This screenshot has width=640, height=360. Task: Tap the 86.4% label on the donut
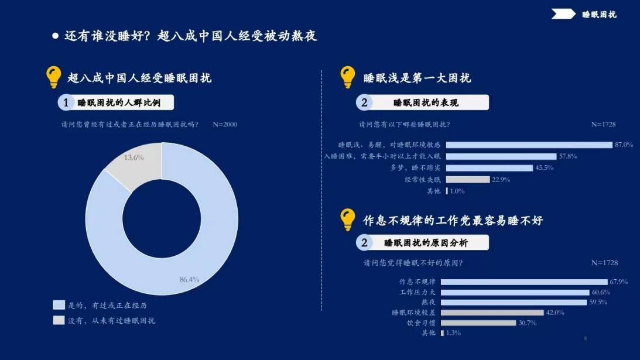click(x=189, y=280)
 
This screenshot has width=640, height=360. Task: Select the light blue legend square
click(x=59, y=305)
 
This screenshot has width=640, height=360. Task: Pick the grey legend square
click(x=59, y=320)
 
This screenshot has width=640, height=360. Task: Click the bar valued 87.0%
click(x=529, y=145)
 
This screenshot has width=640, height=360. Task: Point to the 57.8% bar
click(x=501, y=156)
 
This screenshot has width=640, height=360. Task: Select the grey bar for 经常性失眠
click(x=468, y=180)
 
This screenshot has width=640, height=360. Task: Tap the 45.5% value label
click(x=544, y=168)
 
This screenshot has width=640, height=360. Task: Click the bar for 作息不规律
click(x=524, y=282)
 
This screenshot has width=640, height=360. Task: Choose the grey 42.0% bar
click(x=492, y=313)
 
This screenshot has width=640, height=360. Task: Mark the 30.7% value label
click(x=528, y=323)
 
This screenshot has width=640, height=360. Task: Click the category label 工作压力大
click(x=417, y=292)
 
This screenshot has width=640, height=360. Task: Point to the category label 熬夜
click(x=429, y=302)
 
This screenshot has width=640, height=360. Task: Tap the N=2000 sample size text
click(x=225, y=125)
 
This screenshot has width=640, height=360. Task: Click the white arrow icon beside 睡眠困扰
click(x=563, y=14)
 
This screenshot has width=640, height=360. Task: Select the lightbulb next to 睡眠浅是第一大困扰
click(x=347, y=77)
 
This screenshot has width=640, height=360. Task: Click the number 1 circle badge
click(x=66, y=102)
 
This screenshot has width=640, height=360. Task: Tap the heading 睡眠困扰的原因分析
click(x=426, y=243)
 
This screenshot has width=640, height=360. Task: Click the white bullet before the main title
click(x=56, y=36)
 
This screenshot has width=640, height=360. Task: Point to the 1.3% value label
click(x=453, y=333)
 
